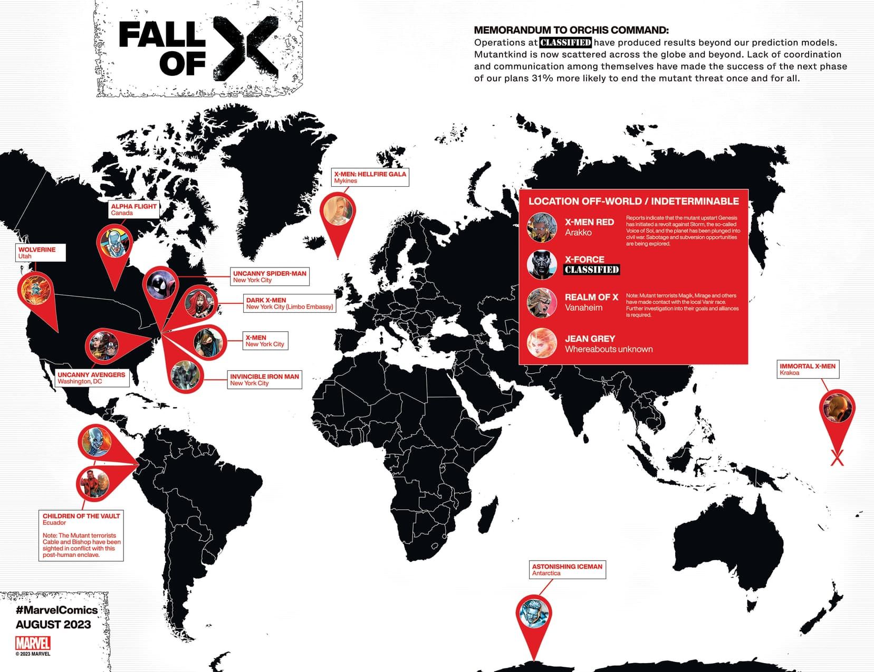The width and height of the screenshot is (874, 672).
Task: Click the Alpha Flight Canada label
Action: tap(133, 209)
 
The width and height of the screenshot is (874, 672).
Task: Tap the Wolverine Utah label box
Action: tap(40, 253)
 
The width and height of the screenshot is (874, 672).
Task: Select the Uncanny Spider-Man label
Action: tap(270, 276)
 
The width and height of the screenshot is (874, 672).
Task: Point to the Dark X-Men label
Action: tap(290, 303)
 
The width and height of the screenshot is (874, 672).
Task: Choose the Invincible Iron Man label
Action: tap(264, 380)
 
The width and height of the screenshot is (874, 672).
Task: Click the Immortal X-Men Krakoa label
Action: tap(808, 369)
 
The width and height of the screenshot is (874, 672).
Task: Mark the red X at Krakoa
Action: tap(837, 457)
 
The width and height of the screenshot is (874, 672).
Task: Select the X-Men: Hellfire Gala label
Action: tap(370, 177)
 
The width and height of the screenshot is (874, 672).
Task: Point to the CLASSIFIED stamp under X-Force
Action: tap(591, 270)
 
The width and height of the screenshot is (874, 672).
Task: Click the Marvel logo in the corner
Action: tap(33, 643)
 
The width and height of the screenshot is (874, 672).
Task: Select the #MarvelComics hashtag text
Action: tap(56, 610)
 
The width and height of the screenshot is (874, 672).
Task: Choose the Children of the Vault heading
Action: tap(81, 516)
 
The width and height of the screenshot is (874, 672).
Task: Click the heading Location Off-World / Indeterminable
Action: tap(633, 201)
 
